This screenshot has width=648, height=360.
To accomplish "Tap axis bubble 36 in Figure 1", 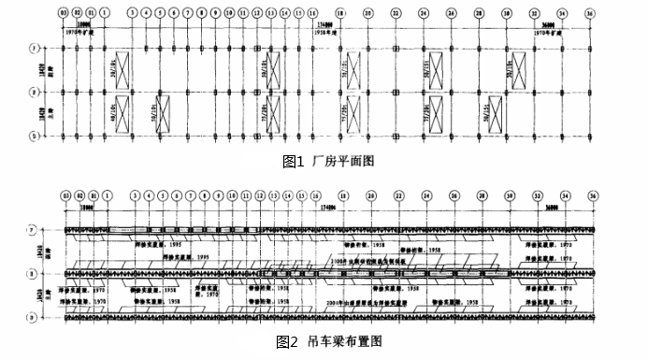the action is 591,14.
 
